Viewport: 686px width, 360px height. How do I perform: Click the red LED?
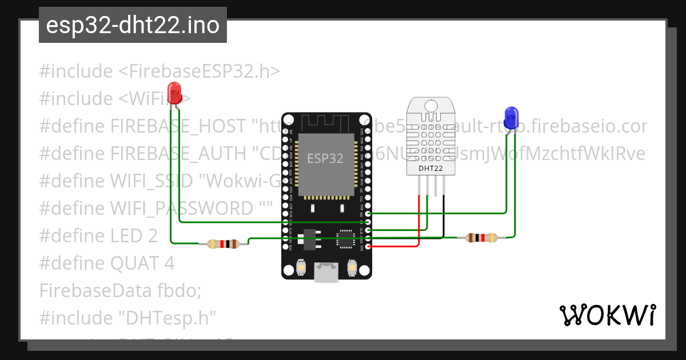point(174,92)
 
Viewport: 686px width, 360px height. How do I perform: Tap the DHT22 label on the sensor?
point(430,168)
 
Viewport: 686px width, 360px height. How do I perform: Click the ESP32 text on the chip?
point(325,158)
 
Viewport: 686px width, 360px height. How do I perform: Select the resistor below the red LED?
point(224,244)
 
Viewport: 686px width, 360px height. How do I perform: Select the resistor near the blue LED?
point(482,238)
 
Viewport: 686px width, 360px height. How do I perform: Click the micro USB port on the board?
point(326,274)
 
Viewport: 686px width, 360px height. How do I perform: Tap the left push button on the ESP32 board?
point(301,266)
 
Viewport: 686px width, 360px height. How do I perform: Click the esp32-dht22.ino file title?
point(133,25)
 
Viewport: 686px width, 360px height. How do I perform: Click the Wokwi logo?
point(607,315)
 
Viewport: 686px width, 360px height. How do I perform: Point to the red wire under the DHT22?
point(420,223)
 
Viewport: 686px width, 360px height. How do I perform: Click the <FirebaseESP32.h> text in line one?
point(199,71)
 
